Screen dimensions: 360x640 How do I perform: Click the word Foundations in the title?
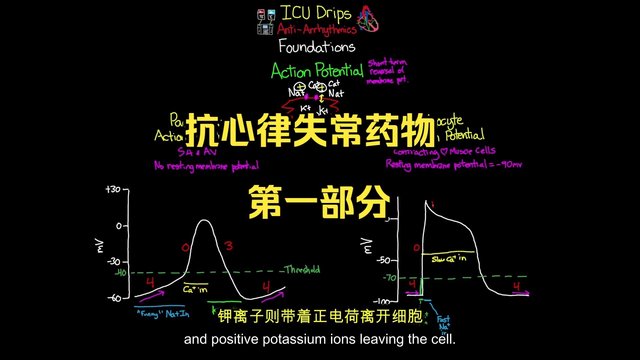(317, 46)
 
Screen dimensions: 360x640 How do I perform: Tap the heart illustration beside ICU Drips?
(368, 19)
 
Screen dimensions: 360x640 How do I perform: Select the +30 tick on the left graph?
(113, 189)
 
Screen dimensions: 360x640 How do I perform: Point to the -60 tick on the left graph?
(115, 298)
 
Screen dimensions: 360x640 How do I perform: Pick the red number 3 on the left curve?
(229, 246)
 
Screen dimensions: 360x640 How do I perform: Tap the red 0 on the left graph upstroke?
(185, 247)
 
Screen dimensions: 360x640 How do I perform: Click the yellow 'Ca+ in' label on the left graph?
(195, 289)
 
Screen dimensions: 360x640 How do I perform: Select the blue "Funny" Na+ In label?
(163, 314)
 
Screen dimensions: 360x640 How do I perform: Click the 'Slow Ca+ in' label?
(449, 259)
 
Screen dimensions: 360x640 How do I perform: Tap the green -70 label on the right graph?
(389, 277)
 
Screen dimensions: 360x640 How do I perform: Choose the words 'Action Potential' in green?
(317, 71)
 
